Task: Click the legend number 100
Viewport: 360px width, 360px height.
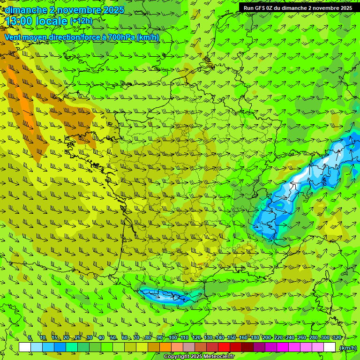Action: coord(173,337)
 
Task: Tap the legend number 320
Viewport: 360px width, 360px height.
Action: coord(337,337)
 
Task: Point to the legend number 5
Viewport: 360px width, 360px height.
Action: coord(30,337)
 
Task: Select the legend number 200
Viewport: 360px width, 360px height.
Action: coord(267,337)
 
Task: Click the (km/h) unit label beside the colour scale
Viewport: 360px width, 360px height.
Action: coord(348,347)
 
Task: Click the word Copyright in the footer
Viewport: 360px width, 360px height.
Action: coord(176,357)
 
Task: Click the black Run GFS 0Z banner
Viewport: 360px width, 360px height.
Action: coord(299,7)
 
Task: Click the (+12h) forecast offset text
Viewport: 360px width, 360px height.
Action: coord(81,21)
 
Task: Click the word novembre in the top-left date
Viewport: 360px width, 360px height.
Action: coord(76,9)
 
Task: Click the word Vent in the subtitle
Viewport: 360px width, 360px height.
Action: coord(13,37)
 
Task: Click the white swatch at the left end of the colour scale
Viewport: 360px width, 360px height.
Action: coord(25,347)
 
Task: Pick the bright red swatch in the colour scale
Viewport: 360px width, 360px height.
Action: coord(224,347)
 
